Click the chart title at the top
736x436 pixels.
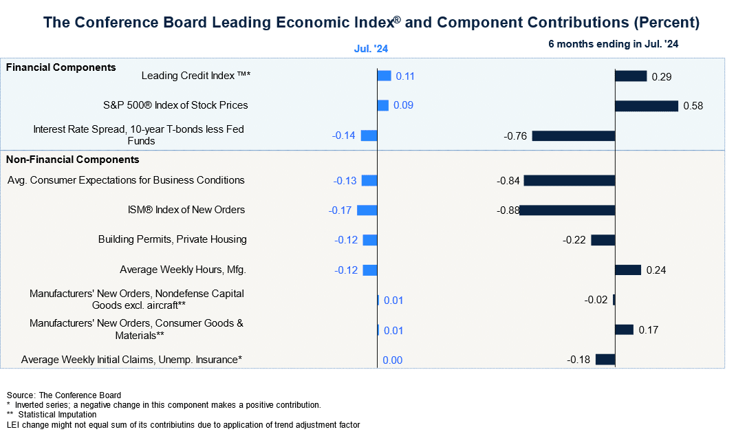(371, 23)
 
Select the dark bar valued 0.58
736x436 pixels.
(647, 106)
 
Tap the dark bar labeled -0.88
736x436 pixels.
(567, 210)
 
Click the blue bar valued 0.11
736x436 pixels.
(385, 76)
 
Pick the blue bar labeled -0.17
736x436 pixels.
(367, 210)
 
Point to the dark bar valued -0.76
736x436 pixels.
(573, 135)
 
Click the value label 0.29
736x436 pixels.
(661, 76)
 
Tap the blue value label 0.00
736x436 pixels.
(392, 360)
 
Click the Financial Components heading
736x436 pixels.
(61, 67)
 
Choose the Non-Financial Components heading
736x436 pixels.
(72, 160)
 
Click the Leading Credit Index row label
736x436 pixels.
(195, 76)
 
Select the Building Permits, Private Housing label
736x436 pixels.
(172, 239)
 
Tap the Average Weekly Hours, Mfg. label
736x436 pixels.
(182, 270)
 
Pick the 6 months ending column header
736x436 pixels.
(614, 44)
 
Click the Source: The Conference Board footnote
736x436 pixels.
(64, 395)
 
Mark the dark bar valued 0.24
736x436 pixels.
(628, 270)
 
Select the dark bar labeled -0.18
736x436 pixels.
(605, 359)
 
